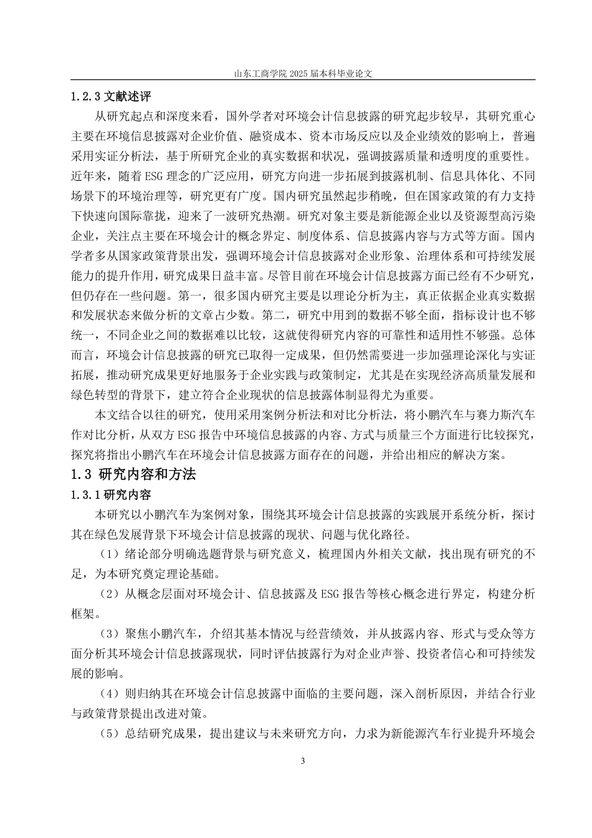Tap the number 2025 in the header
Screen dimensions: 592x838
(298, 73)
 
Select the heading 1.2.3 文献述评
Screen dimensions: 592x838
(111, 97)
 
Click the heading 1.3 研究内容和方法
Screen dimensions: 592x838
(133, 474)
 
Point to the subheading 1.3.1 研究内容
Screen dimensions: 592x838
(111, 495)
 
